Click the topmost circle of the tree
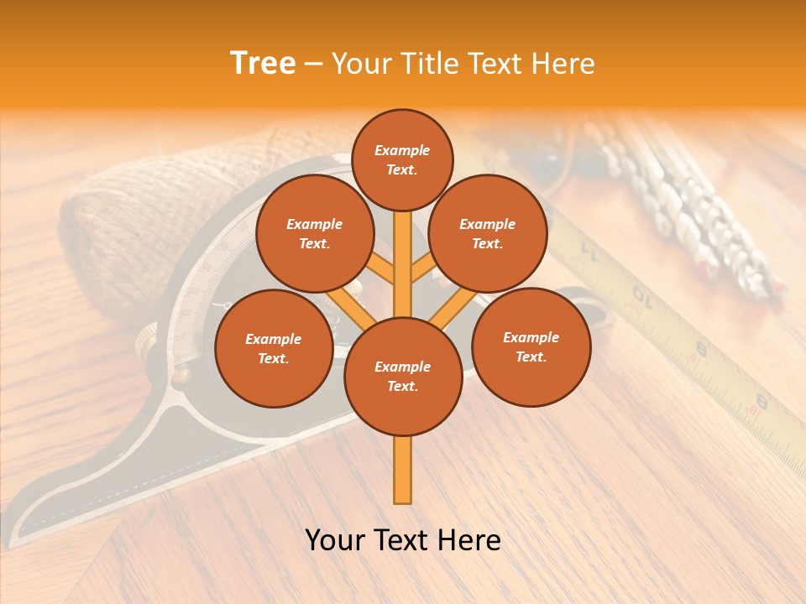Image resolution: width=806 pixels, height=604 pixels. point(402,159)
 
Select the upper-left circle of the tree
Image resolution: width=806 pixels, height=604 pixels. point(315,234)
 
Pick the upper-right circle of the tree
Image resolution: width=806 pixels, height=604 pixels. point(488,234)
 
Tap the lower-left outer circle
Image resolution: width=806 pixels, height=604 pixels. point(274,348)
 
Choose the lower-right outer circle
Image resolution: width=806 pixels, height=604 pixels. point(531,346)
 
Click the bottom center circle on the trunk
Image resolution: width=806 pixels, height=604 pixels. point(403,377)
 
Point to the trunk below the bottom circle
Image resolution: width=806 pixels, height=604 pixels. point(403,470)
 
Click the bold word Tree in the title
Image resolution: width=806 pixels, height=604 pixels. point(263,63)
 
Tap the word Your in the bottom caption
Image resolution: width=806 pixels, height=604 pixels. point(335,540)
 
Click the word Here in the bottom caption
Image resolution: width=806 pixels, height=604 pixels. point(469,540)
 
